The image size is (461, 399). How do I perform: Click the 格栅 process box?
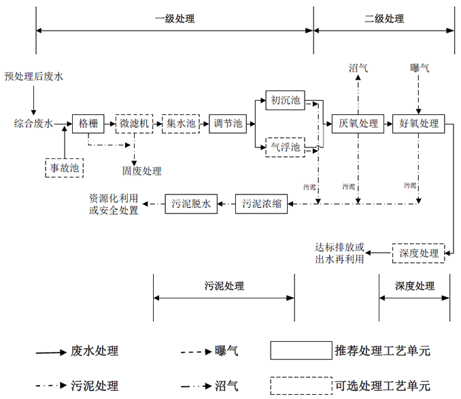(x=88, y=124)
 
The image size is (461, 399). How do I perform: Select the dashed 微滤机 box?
(x=134, y=124)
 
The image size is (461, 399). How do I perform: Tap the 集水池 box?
(x=180, y=124)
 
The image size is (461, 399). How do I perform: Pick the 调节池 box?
(x=228, y=124)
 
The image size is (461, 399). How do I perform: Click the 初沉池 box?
(x=285, y=101)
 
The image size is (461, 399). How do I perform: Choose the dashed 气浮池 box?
(x=285, y=146)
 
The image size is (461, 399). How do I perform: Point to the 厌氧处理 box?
(x=359, y=124)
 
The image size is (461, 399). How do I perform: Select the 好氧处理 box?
(x=419, y=124)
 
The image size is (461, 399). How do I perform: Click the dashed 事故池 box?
(x=64, y=167)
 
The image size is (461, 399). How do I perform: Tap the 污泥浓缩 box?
(x=261, y=204)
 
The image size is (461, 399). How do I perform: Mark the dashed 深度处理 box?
(x=418, y=253)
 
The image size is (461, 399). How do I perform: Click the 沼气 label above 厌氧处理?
(x=358, y=69)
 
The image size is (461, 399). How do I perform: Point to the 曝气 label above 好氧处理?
(x=420, y=69)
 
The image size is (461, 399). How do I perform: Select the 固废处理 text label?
(x=142, y=171)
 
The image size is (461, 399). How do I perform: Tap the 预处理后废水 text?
(x=33, y=77)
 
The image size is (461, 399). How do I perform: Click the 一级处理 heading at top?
(x=175, y=18)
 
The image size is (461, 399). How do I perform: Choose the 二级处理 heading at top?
(x=384, y=18)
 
